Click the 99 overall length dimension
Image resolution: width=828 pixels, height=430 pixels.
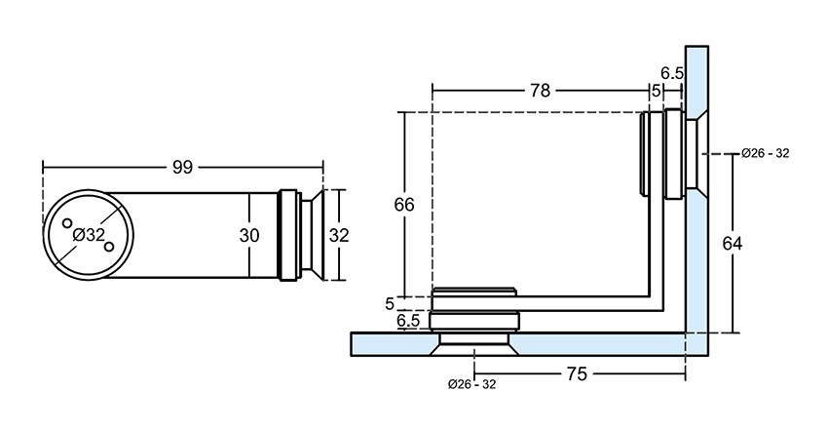(x=181, y=167)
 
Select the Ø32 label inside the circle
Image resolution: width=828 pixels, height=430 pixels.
(x=88, y=235)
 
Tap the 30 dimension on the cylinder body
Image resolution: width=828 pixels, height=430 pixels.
(x=249, y=235)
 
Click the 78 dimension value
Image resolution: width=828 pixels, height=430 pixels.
(x=539, y=92)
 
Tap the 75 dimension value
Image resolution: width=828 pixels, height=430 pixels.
(x=577, y=373)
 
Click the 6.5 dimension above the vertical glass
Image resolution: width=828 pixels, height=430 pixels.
(x=671, y=73)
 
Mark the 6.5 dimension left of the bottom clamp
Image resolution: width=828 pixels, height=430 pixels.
(x=408, y=320)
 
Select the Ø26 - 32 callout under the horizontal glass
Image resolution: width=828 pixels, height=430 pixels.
(x=472, y=384)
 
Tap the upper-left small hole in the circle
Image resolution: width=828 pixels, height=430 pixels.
(x=67, y=223)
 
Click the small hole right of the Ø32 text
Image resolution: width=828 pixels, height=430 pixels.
(x=109, y=245)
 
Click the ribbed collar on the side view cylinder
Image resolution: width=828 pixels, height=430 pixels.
(x=288, y=235)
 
